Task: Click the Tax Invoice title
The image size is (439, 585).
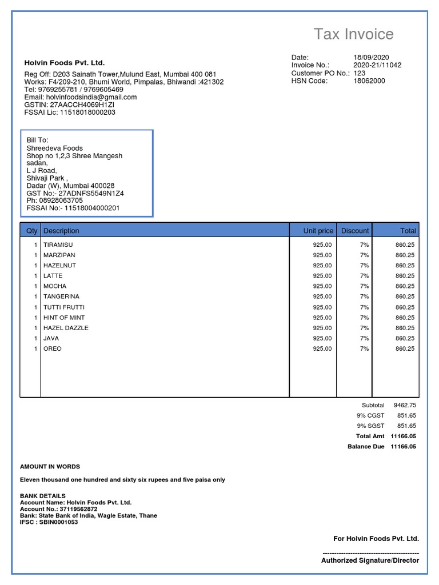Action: tap(353, 34)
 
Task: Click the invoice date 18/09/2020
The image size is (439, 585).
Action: tap(371, 57)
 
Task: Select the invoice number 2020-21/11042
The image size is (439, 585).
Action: tap(377, 65)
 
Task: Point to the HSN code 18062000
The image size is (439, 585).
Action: tap(369, 81)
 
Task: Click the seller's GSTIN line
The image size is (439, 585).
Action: tap(69, 105)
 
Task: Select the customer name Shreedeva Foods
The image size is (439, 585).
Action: tap(54, 149)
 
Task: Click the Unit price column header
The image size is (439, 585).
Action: tap(318, 231)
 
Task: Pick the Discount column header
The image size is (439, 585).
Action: tap(355, 231)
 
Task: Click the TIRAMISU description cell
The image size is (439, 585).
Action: tap(58, 245)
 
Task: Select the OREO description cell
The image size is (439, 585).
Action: tap(53, 348)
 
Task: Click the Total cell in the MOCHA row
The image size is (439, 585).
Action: tap(405, 286)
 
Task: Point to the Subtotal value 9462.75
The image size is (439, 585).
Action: tap(405, 405)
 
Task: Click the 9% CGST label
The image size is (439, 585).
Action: tap(370, 415)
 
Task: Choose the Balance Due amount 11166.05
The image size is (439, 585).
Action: tap(403, 447)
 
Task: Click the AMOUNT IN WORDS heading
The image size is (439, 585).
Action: tap(50, 467)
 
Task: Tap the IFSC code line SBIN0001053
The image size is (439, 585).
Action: tap(49, 522)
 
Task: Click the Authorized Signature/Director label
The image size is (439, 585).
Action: tap(370, 560)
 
